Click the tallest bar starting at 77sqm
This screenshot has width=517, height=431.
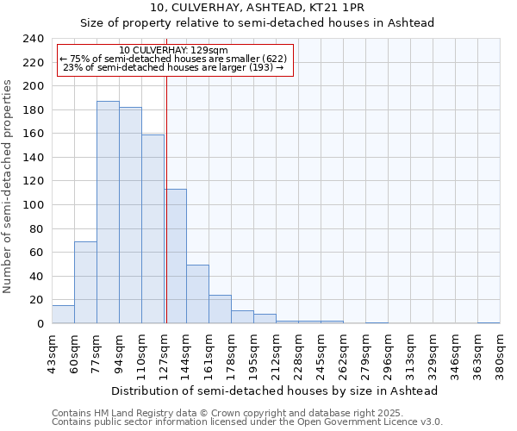[108, 212]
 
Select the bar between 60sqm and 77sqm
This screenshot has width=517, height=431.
[85, 282]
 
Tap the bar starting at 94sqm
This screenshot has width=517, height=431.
[130, 215]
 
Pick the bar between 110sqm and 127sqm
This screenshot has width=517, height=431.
[153, 228]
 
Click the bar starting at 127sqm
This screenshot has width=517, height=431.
[175, 256]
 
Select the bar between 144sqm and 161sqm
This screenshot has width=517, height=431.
[197, 294]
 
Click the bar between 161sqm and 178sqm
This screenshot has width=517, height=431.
[220, 309]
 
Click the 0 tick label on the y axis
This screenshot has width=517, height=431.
[40, 323]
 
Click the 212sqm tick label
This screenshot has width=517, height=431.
[276, 355]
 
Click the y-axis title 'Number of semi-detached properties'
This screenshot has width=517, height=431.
[9, 186]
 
